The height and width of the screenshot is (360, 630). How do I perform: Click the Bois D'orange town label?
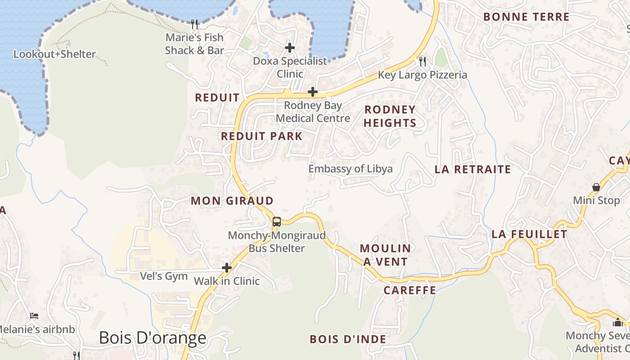click(x=153, y=337)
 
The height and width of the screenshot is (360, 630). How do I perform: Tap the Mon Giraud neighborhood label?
click(x=232, y=201)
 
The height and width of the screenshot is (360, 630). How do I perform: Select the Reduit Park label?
click(x=261, y=136)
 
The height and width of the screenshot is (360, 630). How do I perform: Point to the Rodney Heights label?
click(x=390, y=116)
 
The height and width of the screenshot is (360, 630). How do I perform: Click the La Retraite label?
click(x=472, y=170)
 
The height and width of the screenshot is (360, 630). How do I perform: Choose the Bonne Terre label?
click(x=526, y=17)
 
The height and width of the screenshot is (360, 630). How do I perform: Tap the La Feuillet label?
click(x=529, y=234)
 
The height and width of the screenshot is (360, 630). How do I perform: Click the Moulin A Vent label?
click(x=385, y=255)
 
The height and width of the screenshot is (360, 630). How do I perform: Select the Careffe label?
click(x=410, y=290)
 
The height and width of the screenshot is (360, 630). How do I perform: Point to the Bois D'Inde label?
click(x=348, y=339)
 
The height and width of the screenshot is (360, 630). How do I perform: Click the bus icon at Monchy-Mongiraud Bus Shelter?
click(x=277, y=221)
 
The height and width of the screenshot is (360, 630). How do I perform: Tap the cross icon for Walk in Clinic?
click(x=227, y=268)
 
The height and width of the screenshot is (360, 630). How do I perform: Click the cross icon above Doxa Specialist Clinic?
click(x=290, y=47)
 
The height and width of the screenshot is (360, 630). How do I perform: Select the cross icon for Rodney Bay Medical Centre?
click(x=312, y=92)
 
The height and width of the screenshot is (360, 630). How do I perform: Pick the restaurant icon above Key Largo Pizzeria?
click(x=422, y=61)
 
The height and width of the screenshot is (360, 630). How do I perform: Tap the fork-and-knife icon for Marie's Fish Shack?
click(x=194, y=23)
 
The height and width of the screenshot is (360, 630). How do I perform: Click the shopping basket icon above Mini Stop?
click(x=596, y=187)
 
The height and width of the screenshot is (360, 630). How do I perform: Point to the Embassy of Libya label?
click(x=351, y=169)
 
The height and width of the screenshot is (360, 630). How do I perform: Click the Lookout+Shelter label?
click(x=54, y=54)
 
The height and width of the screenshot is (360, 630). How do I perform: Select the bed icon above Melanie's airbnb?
click(x=34, y=316)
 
